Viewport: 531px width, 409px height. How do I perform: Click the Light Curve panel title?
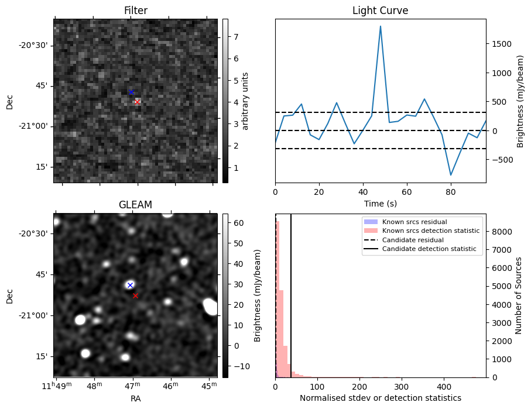click(x=380, y=11)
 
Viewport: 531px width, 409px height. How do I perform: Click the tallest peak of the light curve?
click(x=381, y=26)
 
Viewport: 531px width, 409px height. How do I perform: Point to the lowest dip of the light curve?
click(x=451, y=175)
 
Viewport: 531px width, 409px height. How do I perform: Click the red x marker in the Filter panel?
click(x=137, y=102)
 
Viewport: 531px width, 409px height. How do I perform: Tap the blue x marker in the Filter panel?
click(x=131, y=92)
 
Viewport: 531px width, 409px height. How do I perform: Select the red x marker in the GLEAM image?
click(x=135, y=295)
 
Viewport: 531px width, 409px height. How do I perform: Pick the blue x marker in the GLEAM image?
click(x=130, y=285)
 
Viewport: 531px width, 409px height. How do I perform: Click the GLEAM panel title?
click(x=135, y=205)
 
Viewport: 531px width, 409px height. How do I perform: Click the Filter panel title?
click(x=135, y=11)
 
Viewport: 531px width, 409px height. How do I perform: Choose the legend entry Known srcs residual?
click(x=414, y=222)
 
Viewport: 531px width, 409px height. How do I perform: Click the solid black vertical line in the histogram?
click(x=291, y=293)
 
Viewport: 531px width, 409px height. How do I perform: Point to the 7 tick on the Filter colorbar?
click(x=234, y=37)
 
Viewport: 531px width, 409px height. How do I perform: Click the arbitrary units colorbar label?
click(x=245, y=101)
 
